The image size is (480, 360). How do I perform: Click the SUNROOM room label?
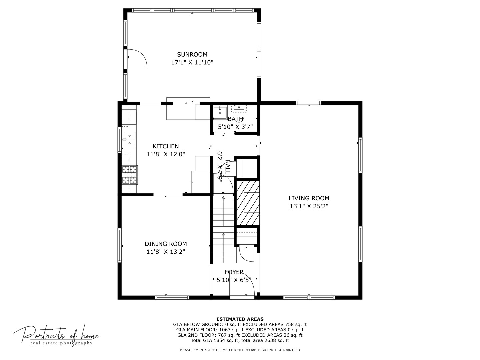192,54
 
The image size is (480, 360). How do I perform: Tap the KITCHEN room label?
166,146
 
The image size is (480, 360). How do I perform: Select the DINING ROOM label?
166,244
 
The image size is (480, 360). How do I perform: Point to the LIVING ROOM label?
309,198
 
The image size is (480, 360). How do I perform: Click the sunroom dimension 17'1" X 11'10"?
192,63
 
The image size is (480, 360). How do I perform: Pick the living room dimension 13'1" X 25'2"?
309,206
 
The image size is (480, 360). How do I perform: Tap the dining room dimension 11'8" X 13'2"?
166,252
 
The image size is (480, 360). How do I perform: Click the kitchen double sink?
129,139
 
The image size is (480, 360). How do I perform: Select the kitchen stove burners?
130,175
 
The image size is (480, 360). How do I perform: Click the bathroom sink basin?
220,112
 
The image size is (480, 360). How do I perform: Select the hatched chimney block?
248,203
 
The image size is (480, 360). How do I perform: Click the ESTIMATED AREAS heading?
240,319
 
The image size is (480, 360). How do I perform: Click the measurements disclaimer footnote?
240,350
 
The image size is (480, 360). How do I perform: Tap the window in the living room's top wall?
309,103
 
